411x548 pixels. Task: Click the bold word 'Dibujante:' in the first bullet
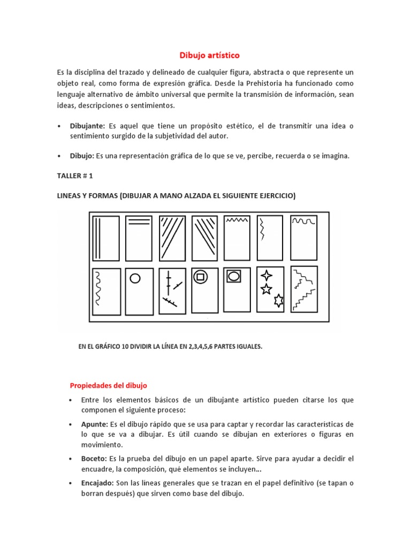(x=87, y=126)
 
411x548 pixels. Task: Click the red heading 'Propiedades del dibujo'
(x=109, y=385)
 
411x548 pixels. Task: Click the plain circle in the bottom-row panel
(x=135, y=278)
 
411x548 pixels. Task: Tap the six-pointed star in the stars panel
(x=278, y=301)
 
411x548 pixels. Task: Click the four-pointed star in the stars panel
(x=266, y=276)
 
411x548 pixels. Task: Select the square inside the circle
(x=201, y=277)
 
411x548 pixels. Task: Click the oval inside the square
(x=234, y=277)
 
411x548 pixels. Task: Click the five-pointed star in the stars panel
(x=266, y=290)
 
